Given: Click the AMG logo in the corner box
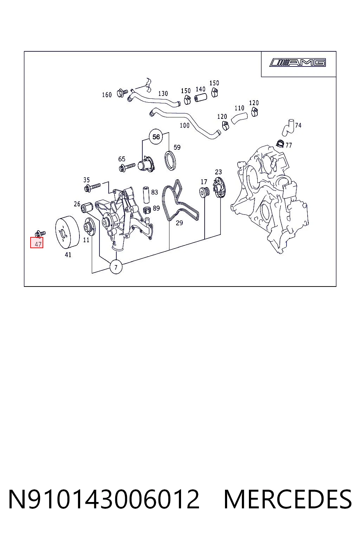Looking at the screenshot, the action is click(x=298, y=63).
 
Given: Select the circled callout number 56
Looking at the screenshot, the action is click(x=156, y=137).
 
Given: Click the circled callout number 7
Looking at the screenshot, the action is click(x=116, y=267).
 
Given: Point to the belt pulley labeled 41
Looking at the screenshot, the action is click(x=67, y=232).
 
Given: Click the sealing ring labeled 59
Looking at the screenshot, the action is click(x=170, y=160).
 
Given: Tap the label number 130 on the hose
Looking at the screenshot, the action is click(x=163, y=94).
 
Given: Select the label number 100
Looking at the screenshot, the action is click(x=185, y=126).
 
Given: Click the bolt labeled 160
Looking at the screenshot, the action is click(x=122, y=92).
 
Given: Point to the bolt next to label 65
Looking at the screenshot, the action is click(x=127, y=167).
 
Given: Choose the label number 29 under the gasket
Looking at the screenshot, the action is click(x=179, y=223).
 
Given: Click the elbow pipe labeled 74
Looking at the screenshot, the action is click(x=288, y=127).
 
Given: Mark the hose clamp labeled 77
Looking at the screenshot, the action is click(x=281, y=144).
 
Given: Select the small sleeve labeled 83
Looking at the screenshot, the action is click(x=146, y=194).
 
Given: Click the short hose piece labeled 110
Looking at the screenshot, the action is click(x=239, y=118).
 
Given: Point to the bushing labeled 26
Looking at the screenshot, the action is click(x=87, y=207).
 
